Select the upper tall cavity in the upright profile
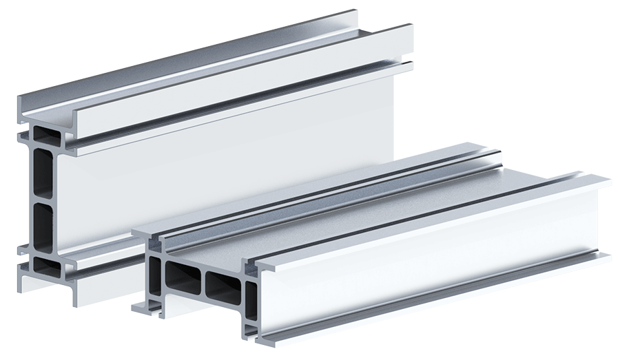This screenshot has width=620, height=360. click(x=43, y=172)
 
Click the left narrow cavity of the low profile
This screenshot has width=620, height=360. click(x=155, y=275)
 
